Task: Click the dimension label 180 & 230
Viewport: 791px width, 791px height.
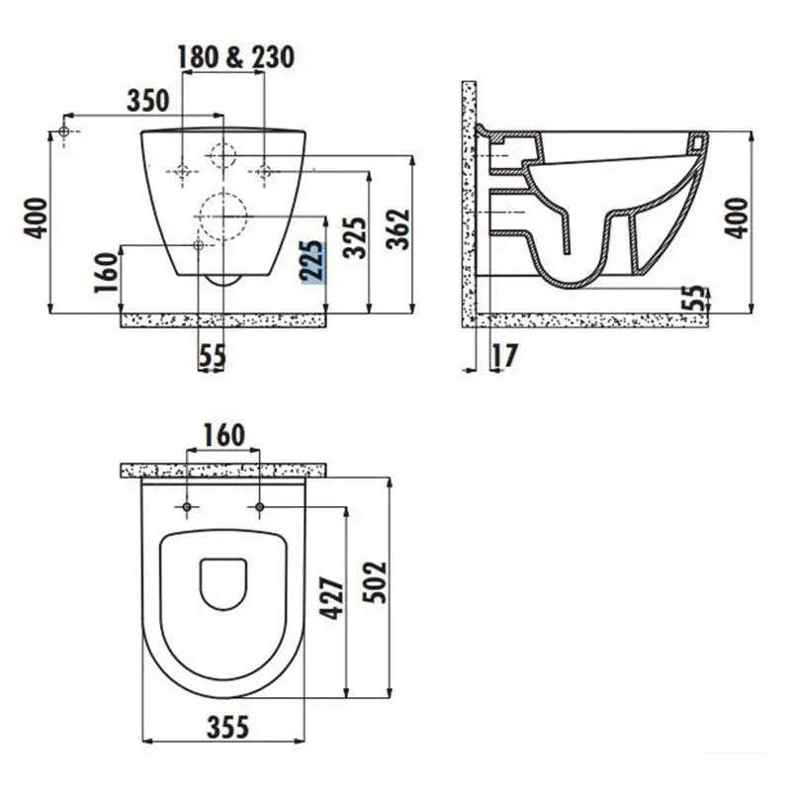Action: click(x=236, y=57)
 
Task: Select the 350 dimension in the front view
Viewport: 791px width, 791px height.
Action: click(x=148, y=99)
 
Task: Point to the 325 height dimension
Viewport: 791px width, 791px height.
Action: click(x=356, y=237)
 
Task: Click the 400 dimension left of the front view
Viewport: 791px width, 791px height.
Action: click(x=37, y=218)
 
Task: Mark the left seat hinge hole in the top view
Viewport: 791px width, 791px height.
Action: click(x=187, y=507)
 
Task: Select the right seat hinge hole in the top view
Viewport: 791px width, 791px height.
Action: click(x=259, y=507)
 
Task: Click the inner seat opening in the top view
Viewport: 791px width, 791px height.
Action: click(x=222, y=583)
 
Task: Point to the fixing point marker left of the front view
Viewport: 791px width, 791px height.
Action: click(x=64, y=131)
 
